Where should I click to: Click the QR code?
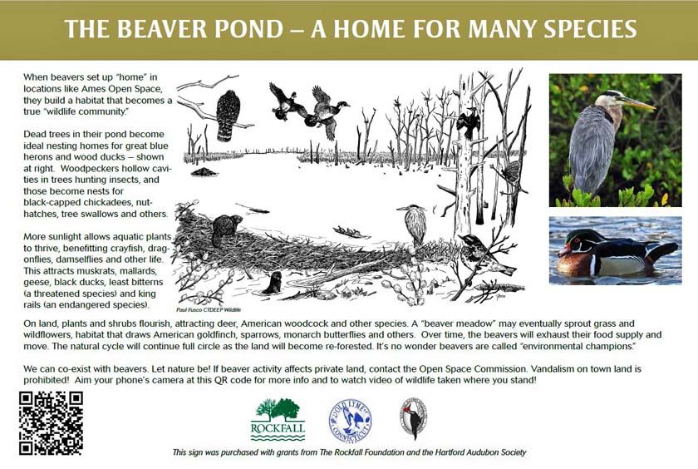point(50,422)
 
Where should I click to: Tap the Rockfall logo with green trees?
point(278,419)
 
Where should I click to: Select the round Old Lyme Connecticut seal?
point(350,419)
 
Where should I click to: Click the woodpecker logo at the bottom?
point(413,417)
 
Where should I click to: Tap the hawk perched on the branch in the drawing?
point(227,114)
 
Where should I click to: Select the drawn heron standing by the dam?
point(414,223)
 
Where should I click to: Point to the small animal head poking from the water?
point(272,284)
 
